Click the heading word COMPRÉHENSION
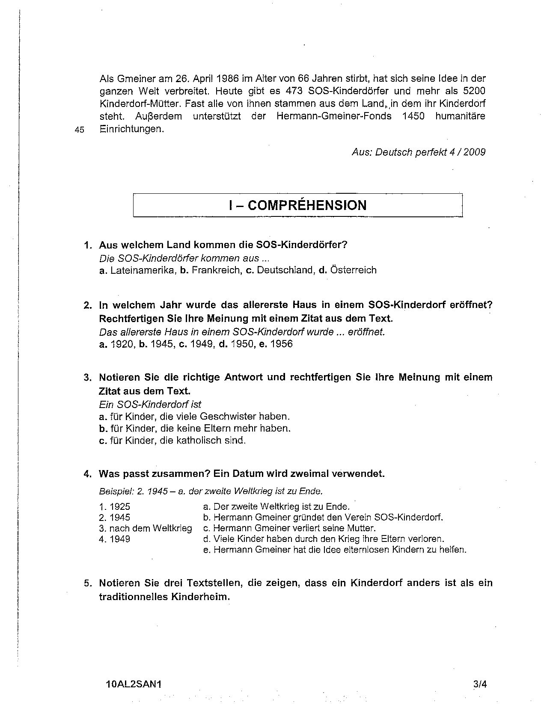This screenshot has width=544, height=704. pos(307,205)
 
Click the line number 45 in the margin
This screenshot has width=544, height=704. pos(79,130)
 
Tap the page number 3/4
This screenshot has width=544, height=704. pos(480,684)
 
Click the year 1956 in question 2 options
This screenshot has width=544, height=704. pos(282,344)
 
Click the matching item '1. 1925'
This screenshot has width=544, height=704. pos(115,507)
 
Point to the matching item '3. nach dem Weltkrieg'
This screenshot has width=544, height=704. pos(146,528)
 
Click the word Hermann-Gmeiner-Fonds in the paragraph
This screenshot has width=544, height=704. pos(334,116)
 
